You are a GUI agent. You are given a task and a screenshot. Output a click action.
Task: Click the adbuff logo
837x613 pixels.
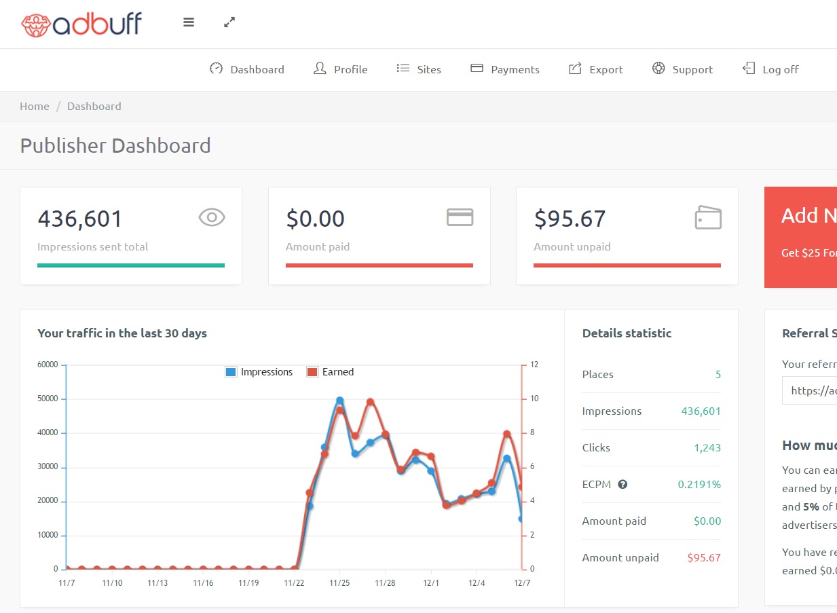pyautogui.click(x=81, y=24)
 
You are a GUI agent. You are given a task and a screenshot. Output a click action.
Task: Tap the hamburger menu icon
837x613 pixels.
pyautogui.click(x=189, y=22)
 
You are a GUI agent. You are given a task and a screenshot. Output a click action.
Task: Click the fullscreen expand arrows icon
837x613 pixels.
pyautogui.click(x=229, y=22)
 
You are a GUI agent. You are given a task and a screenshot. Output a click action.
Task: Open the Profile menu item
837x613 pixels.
pyautogui.click(x=341, y=69)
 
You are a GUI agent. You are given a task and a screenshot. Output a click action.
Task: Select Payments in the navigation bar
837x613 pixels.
pyautogui.click(x=505, y=69)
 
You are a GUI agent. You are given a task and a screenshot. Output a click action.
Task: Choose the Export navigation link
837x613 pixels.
pyautogui.click(x=596, y=69)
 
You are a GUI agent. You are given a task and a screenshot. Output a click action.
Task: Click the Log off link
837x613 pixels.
pyautogui.click(x=771, y=69)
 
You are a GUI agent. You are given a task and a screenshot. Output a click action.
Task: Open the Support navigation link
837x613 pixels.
pyautogui.click(x=683, y=69)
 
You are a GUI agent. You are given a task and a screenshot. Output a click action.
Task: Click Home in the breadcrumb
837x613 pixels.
pyautogui.click(x=35, y=106)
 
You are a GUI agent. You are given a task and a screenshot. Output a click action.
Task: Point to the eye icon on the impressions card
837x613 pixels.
pyautogui.click(x=212, y=217)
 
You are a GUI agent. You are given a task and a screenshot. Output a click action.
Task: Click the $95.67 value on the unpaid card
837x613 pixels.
pyautogui.click(x=570, y=219)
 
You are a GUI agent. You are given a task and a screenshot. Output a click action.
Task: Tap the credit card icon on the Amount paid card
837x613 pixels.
pyautogui.click(x=460, y=217)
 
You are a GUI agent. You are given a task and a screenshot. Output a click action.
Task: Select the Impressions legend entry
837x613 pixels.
pyautogui.click(x=259, y=372)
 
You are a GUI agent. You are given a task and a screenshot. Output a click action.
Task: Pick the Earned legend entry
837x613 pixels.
pyautogui.click(x=331, y=372)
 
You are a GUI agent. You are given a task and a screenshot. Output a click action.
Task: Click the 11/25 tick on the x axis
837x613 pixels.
pyautogui.click(x=339, y=583)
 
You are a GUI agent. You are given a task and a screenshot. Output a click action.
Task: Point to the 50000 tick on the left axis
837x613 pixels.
pyautogui.click(x=48, y=398)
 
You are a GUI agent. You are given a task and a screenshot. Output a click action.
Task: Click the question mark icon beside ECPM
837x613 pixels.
pyautogui.click(x=622, y=485)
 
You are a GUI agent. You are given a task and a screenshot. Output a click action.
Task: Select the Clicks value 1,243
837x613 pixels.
pyautogui.click(x=707, y=448)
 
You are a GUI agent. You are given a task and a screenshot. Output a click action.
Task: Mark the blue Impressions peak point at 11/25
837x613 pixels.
pyautogui.click(x=339, y=401)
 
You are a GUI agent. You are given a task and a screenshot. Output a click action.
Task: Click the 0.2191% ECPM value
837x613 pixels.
pyautogui.click(x=699, y=485)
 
